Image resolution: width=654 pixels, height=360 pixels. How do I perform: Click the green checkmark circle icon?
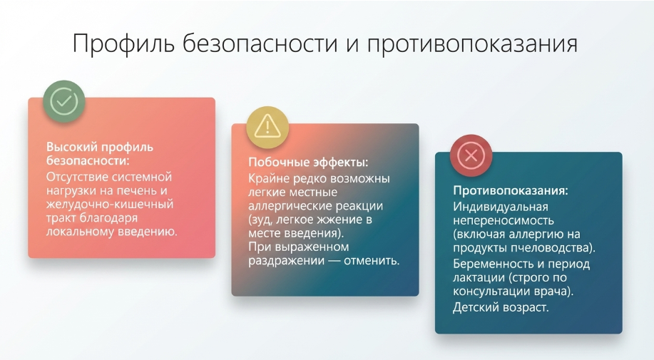(63, 101)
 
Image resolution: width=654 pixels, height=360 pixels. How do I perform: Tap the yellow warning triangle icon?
(267, 127)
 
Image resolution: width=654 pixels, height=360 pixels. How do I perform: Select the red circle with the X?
(471, 156)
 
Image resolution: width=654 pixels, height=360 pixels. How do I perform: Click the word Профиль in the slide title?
(123, 43)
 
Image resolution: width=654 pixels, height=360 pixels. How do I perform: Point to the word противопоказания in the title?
(472, 43)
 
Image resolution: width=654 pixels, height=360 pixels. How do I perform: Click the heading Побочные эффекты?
(308, 162)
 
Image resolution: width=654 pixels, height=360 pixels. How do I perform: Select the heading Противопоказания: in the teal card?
(511, 191)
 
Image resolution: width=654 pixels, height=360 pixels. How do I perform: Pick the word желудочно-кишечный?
(110, 205)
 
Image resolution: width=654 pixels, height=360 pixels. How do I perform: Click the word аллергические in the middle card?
(289, 206)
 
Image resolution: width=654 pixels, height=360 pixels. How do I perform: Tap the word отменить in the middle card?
(372, 260)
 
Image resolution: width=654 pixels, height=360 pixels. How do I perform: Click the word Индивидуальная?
(501, 207)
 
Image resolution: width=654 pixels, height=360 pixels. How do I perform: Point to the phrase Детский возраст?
(501, 307)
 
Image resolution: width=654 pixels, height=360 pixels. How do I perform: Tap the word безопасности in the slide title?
(260, 43)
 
